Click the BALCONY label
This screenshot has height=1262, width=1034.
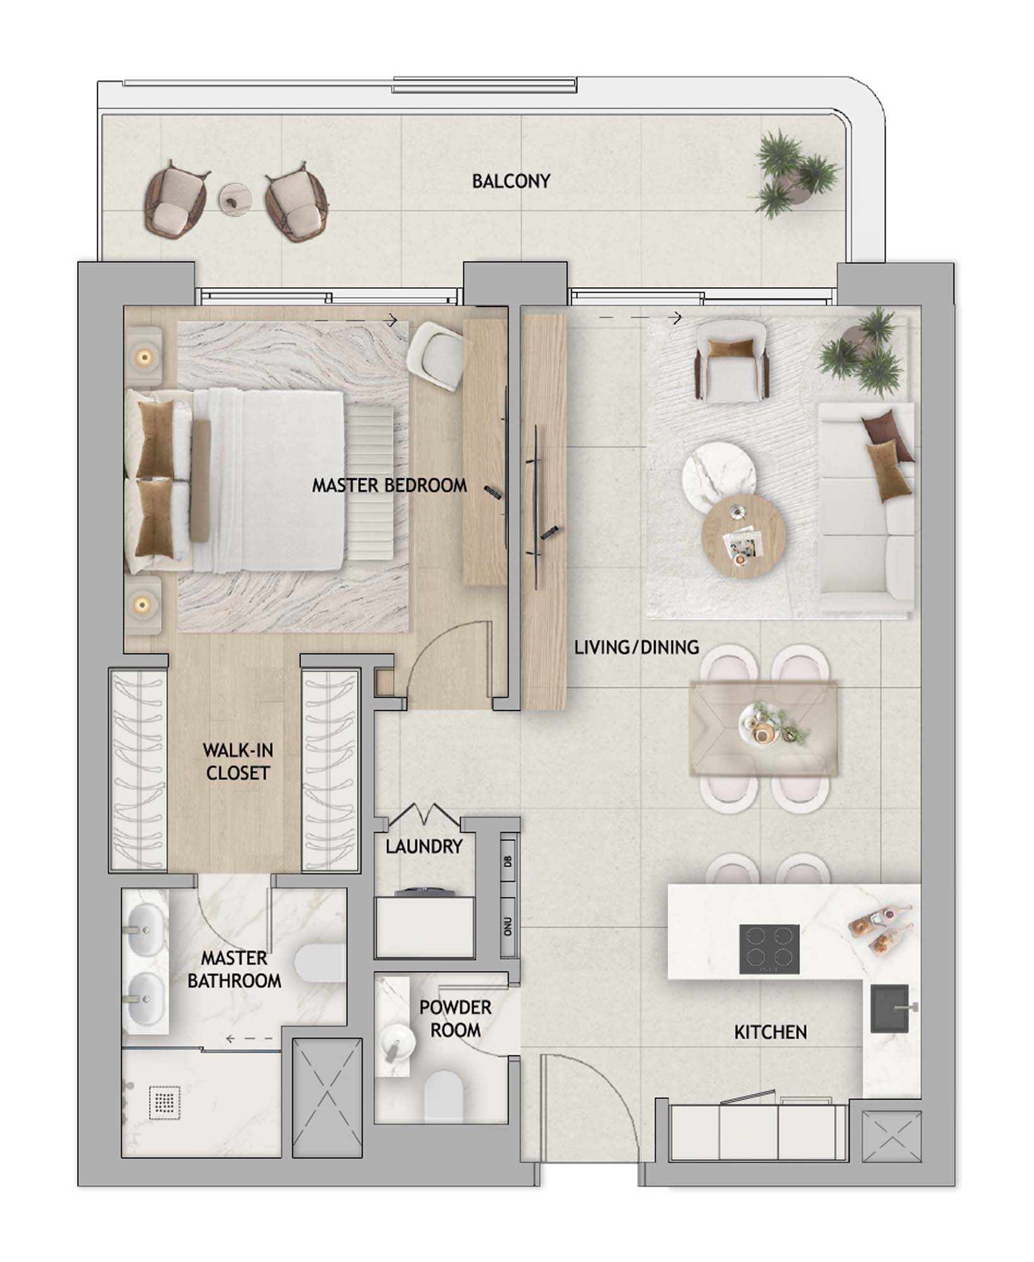511,182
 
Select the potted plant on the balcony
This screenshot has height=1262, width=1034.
797,178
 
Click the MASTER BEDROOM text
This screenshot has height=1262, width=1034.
389,486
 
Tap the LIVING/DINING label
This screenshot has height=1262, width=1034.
636,647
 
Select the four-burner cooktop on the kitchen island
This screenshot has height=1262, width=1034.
769,950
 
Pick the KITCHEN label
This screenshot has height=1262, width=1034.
770,1033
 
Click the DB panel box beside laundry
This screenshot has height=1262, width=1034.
508,861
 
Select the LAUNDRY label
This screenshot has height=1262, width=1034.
424,847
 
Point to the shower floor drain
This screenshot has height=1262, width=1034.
165,1102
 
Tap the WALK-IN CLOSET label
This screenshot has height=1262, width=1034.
237,762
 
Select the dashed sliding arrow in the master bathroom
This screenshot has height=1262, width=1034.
249,1038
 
